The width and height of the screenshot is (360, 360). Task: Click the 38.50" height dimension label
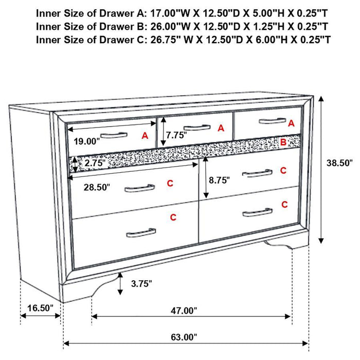(x=339, y=163)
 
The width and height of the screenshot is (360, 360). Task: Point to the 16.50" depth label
(x=40, y=308)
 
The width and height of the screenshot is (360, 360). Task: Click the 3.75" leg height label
(x=141, y=283)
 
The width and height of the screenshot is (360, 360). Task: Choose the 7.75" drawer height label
(x=176, y=136)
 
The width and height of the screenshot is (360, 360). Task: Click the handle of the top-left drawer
(x=114, y=135)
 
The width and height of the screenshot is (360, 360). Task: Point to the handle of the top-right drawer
(x=272, y=121)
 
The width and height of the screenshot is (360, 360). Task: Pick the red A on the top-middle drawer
(x=221, y=128)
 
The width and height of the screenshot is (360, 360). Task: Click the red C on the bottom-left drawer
(x=173, y=218)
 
